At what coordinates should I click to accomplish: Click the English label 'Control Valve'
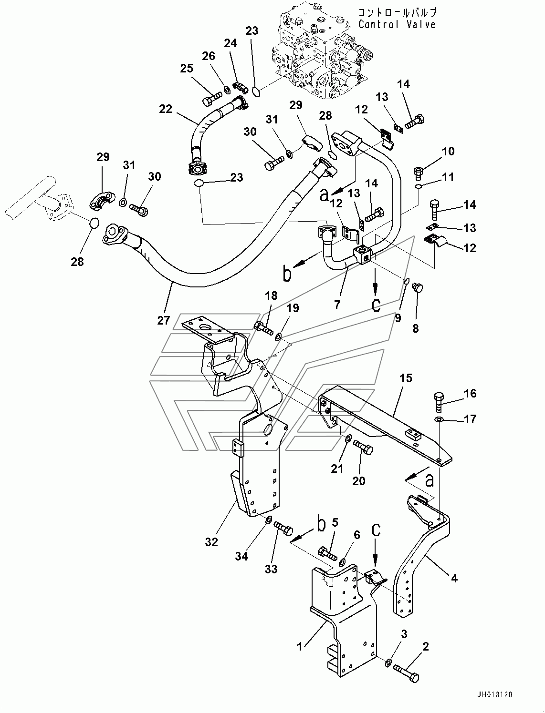click(397, 24)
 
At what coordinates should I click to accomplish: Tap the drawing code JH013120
click(494, 695)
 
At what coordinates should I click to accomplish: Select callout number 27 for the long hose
click(164, 320)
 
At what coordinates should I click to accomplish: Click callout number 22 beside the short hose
click(166, 109)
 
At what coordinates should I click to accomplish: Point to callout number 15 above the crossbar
click(405, 378)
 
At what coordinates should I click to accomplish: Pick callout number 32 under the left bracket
click(211, 542)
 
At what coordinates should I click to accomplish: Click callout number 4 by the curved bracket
click(454, 578)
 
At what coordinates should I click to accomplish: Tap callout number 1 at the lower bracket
click(300, 646)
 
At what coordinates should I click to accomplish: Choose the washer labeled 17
click(439, 420)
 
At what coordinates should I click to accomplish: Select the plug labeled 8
click(417, 287)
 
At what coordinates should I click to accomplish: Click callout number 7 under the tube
click(337, 305)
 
